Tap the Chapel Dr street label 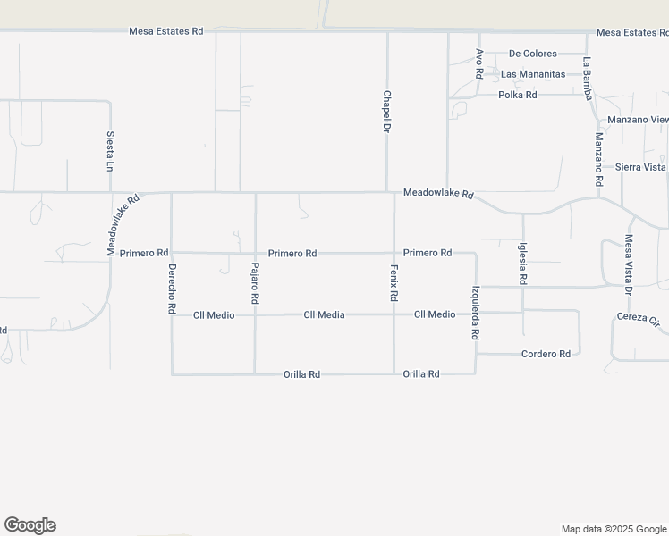(387, 112)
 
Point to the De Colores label (533, 54)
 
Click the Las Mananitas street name (533, 74)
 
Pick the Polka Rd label (518, 95)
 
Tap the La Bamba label (588, 78)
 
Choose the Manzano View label (638, 120)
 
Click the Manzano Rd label (599, 159)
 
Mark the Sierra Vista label (640, 167)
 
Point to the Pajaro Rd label (255, 284)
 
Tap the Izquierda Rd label (476, 312)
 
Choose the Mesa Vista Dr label (629, 265)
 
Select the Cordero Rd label (546, 354)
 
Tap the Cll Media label (324, 314)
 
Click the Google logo (30, 525)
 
